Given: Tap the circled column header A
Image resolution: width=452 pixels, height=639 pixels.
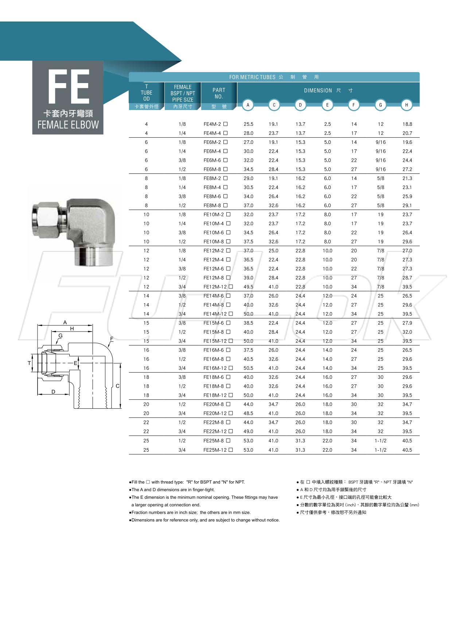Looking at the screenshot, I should pyautogui.click(x=248, y=105).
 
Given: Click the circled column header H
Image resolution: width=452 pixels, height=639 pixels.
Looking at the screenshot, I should pyautogui.click(x=406, y=105).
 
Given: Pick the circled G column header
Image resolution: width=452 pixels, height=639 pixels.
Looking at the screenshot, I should pyautogui.click(x=380, y=105).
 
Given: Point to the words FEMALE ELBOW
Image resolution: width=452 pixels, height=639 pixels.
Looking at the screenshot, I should pyautogui.click(x=68, y=125).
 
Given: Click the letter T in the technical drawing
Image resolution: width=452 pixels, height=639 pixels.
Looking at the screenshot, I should pyautogui.click(x=29, y=363).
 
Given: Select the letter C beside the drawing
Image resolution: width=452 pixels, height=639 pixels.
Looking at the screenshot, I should pyautogui.click(x=117, y=386).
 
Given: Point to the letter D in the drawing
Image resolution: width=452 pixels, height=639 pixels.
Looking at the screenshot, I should pyautogui.click(x=53, y=392).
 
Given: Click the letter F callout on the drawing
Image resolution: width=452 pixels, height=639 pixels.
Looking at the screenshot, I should pyautogui.click(x=112, y=339).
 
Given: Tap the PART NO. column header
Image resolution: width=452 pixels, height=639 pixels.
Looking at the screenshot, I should pyautogui.click(x=219, y=93).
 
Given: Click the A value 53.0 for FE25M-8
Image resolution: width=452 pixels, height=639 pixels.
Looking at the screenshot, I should pyautogui.click(x=248, y=441).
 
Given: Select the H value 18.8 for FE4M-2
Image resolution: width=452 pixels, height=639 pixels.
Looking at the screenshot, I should pyautogui.click(x=407, y=124).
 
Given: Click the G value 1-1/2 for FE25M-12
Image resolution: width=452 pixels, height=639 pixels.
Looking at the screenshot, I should pyautogui.click(x=380, y=450).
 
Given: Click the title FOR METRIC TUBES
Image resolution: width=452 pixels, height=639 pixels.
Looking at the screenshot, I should pyautogui.click(x=252, y=77).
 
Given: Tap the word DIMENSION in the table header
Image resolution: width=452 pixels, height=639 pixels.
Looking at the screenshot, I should pyautogui.click(x=318, y=90).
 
